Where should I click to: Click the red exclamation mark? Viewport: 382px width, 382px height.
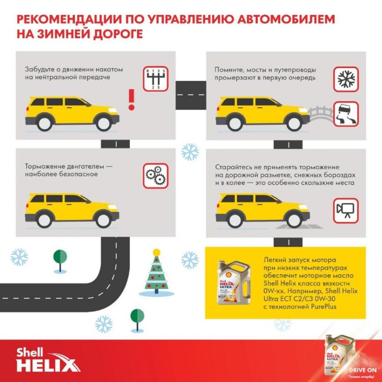(x=132, y=99)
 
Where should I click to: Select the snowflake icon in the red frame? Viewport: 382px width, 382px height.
(x=347, y=78)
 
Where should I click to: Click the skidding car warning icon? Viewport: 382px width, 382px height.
(x=347, y=114)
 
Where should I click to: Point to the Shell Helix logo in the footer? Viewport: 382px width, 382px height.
(x=48, y=359)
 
